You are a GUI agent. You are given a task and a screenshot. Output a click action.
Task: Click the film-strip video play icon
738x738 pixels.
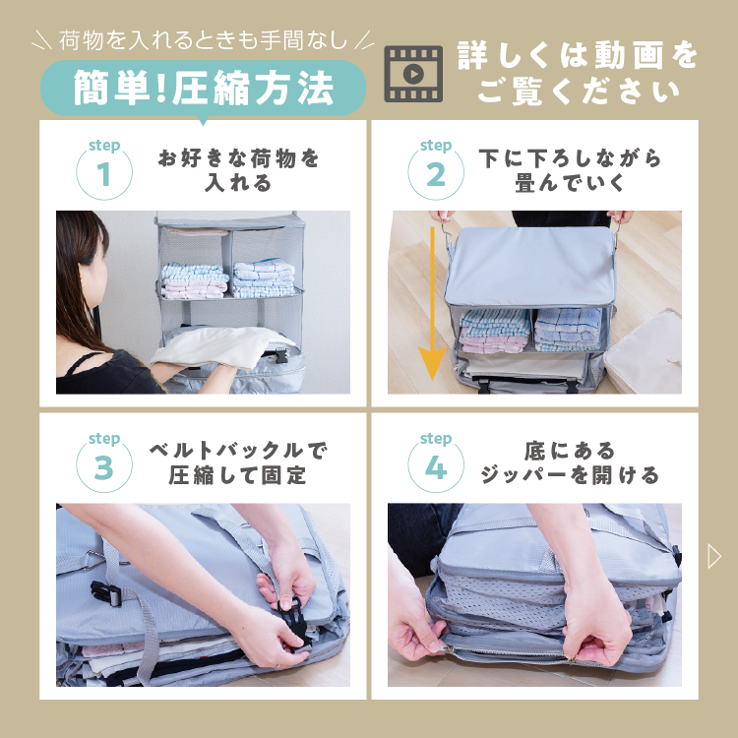pyautogui.click(x=413, y=74)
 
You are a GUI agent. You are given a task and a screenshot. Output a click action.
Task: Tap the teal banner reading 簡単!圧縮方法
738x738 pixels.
pyautogui.click(x=203, y=88)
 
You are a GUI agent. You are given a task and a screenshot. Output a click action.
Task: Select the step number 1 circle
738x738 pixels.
pyautogui.click(x=104, y=173)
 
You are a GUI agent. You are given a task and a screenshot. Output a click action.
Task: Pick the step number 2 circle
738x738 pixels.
pyautogui.click(x=436, y=173)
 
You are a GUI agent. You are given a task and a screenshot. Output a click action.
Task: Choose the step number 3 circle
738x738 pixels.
pyautogui.click(x=104, y=466)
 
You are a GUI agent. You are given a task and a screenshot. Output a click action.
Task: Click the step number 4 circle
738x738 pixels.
pyautogui.click(x=436, y=466)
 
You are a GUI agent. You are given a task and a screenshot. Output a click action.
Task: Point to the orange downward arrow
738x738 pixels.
pyautogui.click(x=432, y=304)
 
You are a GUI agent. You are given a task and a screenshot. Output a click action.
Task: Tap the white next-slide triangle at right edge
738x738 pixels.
pyautogui.click(x=714, y=556)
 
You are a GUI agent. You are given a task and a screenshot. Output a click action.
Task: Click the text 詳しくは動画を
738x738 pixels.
pyautogui.click(x=578, y=55)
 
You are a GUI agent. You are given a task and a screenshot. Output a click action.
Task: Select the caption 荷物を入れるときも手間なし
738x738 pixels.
pyautogui.click(x=203, y=40)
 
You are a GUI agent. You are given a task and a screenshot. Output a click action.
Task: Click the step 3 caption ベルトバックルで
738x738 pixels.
pyautogui.click(x=238, y=451)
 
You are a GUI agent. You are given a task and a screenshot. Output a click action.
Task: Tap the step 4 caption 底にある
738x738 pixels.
pyautogui.click(x=570, y=451)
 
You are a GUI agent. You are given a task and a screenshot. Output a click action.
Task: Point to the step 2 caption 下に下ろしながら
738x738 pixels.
pyautogui.click(x=570, y=158)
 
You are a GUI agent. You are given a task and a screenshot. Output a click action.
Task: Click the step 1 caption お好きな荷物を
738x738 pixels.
pyautogui.click(x=239, y=158)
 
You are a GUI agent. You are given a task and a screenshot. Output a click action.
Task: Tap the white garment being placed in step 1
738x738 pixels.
pyautogui.click(x=218, y=347)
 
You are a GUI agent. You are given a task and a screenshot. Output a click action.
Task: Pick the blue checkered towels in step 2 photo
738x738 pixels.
pyautogui.click(x=568, y=329)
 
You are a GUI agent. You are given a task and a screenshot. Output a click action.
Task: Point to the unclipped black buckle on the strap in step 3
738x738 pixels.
pyautogui.click(x=106, y=594)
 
